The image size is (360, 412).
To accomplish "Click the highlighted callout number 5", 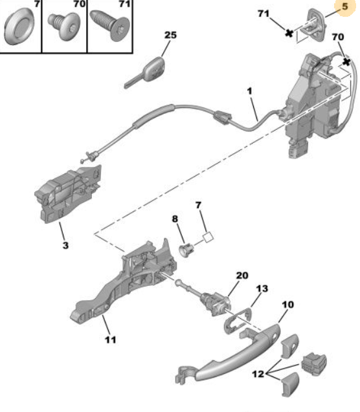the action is point(344,6).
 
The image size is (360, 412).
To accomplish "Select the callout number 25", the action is point(170,35).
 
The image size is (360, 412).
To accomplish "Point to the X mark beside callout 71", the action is point(289,33).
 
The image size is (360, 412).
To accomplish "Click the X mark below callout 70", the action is point(347,62).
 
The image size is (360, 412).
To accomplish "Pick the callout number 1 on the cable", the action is point(249,91).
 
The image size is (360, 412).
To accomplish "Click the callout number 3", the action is point(65,245).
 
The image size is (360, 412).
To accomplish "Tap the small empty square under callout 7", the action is point(208,237).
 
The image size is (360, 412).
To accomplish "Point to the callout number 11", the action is point(111,340).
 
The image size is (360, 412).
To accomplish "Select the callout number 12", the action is point(258,374).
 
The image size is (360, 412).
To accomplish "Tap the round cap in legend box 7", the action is point(19,27).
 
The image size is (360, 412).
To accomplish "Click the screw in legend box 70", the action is point(64,26).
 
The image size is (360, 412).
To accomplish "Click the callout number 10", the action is point(287,305).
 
